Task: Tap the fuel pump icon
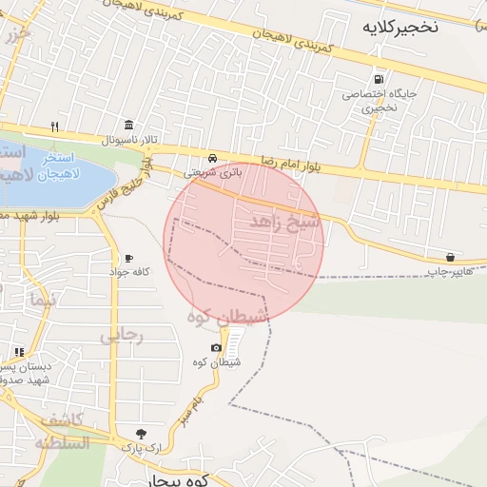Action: [x=380, y=80]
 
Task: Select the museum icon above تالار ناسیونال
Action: [x=128, y=126]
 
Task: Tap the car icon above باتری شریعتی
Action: [x=213, y=158]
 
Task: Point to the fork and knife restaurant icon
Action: [x=56, y=126]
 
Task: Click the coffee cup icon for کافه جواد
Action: [x=128, y=259]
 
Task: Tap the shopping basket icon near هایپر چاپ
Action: [x=450, y=257]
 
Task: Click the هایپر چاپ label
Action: [x=448, y=272]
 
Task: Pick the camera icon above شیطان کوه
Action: [x=216, y=348]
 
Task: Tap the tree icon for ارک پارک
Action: [x=142, y=433]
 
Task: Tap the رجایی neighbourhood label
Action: [x=121, y=335]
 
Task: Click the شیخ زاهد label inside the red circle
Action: [x=286, y=221]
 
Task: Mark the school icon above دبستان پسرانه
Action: [x=19, y=352]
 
